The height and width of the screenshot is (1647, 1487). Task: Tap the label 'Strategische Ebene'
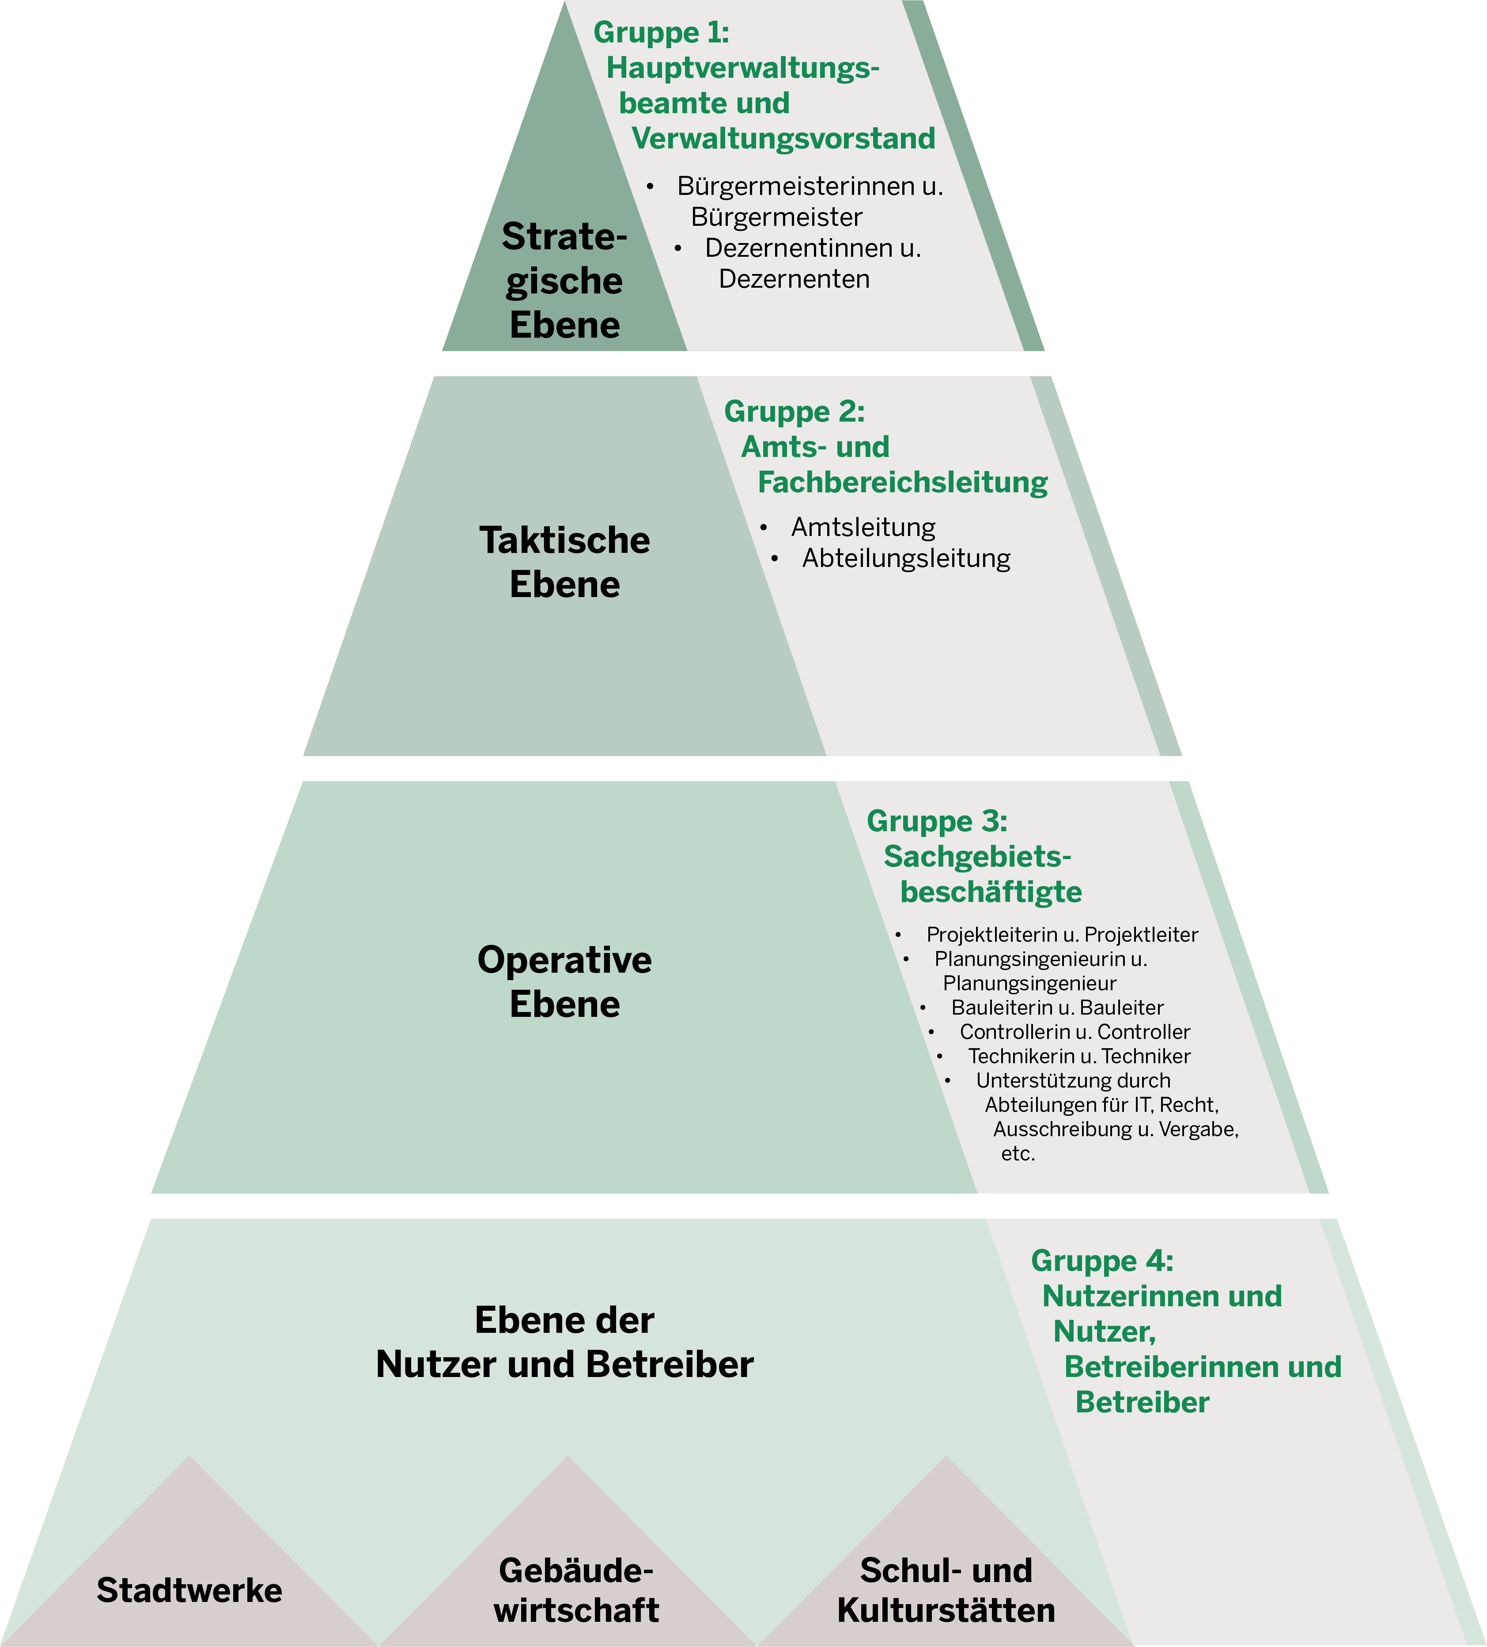(564, 280)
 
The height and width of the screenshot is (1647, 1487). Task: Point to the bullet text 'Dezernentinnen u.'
(813, 247)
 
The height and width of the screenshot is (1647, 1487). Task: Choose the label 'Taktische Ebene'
(564, 562)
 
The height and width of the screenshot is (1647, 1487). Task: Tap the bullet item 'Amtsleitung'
(863, 527)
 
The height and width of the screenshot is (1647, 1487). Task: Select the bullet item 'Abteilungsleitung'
(906, 558)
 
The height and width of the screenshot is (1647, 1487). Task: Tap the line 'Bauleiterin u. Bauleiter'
(1057, 1007)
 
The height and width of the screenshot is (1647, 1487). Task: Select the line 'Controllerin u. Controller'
(1075, 1032)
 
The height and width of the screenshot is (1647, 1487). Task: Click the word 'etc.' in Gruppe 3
(1018, 1153)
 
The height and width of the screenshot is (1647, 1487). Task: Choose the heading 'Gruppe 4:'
(1101, 1261)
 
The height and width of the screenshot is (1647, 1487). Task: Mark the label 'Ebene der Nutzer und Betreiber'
(564, 1342)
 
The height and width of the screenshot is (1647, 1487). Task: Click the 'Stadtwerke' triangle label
(189, 1590)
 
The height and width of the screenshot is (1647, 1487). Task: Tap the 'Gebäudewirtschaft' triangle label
(576, 1590)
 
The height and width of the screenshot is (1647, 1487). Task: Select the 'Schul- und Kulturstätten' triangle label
(946, 1590)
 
